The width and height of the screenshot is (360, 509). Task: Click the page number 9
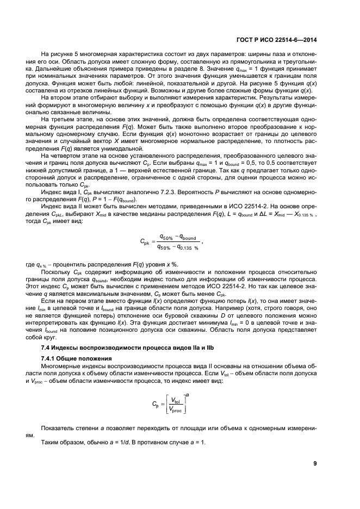pyautogui.click(x=315, y=463)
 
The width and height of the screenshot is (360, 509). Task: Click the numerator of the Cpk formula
pyautogui.click(x=177, y=238)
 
